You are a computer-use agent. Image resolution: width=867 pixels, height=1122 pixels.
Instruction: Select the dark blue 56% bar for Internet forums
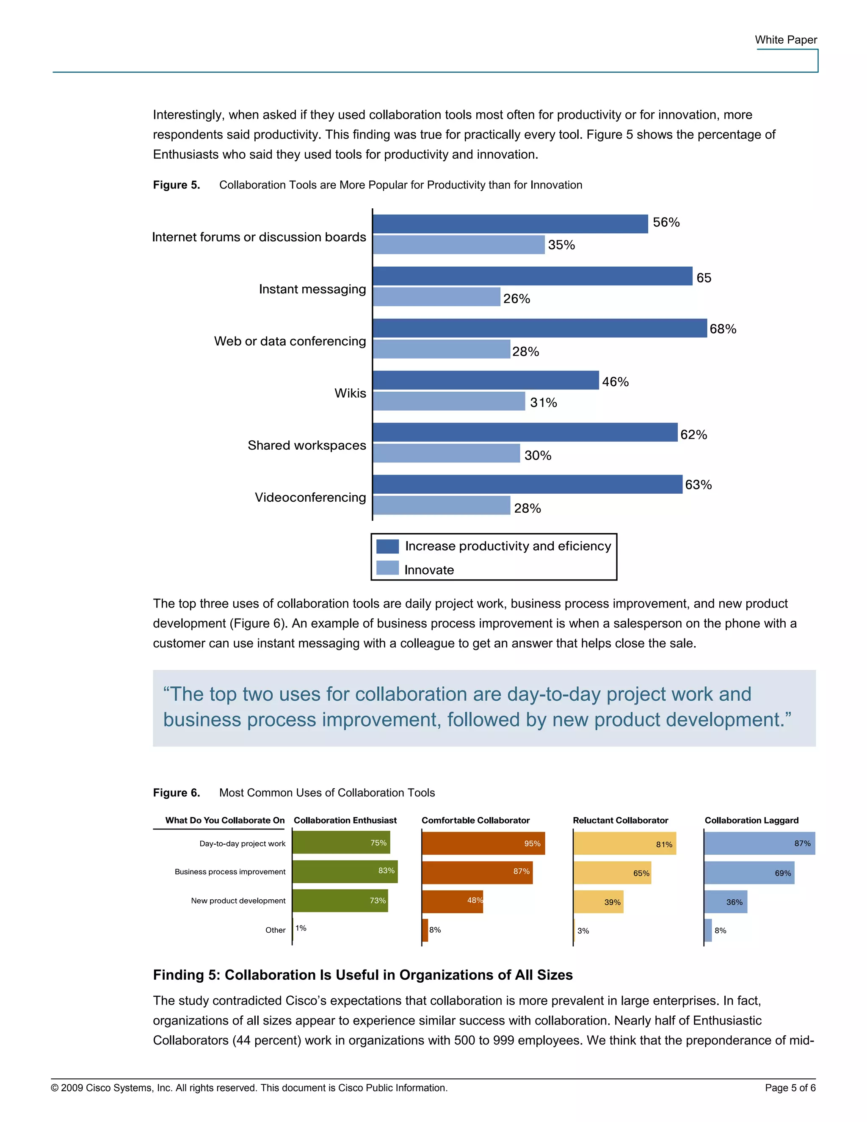510,224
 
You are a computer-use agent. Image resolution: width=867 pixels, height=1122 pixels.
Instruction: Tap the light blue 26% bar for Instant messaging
436,297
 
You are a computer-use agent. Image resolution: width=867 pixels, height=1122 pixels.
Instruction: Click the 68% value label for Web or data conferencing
723,329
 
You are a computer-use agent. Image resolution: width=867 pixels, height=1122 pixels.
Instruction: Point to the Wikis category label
350,393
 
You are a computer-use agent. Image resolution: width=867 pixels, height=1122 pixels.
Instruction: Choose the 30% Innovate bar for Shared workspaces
446,453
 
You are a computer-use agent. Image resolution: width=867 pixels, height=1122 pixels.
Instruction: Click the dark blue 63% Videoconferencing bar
527,484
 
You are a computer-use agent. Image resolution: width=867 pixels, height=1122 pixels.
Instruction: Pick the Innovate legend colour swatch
387,568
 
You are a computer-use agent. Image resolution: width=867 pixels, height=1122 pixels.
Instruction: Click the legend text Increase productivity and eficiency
508,546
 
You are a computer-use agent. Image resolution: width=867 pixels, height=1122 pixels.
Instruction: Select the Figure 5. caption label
176,185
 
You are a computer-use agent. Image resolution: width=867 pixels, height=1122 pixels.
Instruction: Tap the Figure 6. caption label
176,793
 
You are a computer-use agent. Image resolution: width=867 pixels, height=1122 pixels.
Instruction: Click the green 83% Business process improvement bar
345,872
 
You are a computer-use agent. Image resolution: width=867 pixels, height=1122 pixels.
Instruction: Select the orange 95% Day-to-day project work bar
483,843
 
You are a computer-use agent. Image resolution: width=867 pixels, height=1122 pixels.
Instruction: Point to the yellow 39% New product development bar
598,901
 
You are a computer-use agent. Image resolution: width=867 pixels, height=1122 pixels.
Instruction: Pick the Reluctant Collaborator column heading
620,821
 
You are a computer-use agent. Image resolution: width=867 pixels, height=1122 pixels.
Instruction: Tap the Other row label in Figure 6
275,930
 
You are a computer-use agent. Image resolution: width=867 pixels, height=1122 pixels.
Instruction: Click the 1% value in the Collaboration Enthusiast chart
301,928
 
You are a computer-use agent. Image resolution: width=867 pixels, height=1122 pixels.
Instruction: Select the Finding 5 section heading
363,975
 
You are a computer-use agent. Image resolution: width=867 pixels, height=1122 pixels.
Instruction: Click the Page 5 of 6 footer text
790,1088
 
